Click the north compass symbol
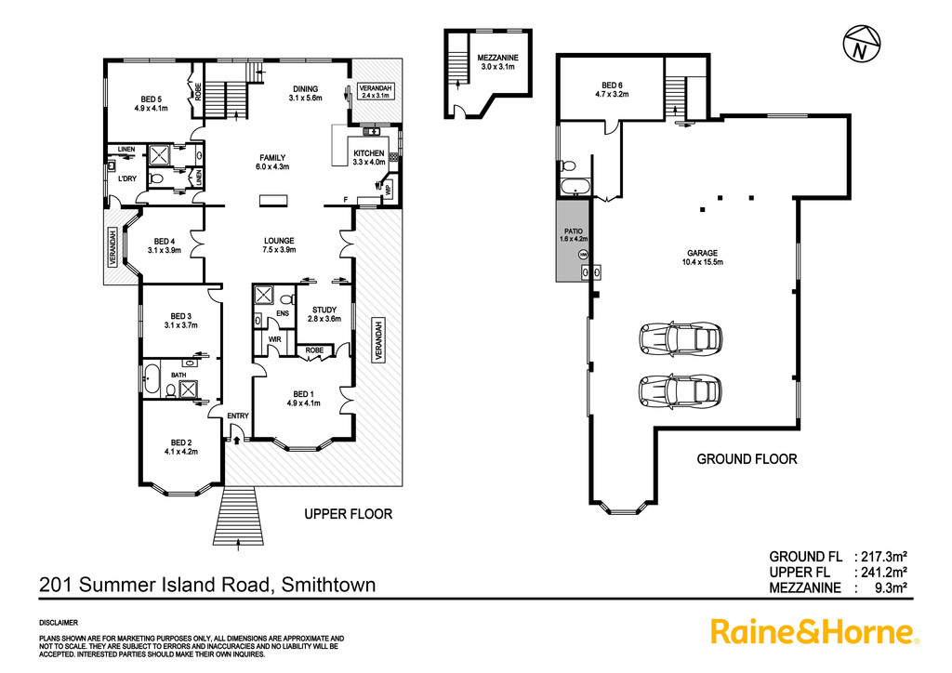click(x=862, y=44)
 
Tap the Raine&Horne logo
click(x=814, y=632)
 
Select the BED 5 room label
click(x=152, y=104)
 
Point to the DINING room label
click(x=305, y=93)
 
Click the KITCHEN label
click(x=369, y=158)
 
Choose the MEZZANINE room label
click(x=498, y=62)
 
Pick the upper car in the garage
click(x=681, y=337)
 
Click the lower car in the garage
click(x=681, y=389)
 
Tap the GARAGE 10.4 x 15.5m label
click(x=703, y=257)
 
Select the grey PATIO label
click(x=573, y=235)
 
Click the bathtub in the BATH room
click(x=151, y=379)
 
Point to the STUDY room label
click(x=324, y=314)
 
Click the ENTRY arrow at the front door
click(x=235, y=440)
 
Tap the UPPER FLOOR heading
click(x=349, y=514)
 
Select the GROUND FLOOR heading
click(x=747, y=459)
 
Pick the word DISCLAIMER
click(x=59, y=623)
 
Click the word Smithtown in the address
click(x=329, y=585)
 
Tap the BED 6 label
click(x=612, y=89)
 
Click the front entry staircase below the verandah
click(x=241, y=517)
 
